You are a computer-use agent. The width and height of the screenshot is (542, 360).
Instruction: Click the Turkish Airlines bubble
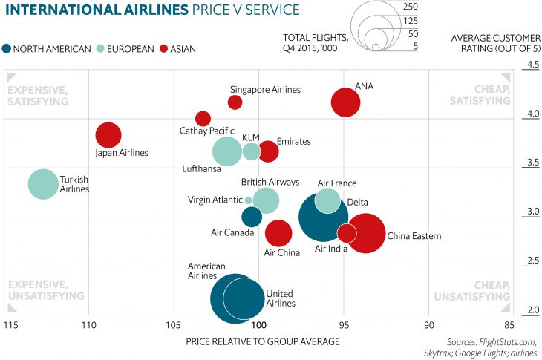coord(43,184)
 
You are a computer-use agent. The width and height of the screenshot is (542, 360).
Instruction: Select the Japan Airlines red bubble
coord(108,135)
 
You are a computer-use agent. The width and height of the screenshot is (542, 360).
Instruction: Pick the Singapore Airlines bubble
coord(235,102)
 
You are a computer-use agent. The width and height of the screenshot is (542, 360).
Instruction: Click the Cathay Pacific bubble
coord(203,119)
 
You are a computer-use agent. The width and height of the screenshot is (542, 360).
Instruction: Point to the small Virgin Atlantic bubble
coord(248,200)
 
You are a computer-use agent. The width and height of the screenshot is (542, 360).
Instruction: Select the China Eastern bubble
coord(365,233)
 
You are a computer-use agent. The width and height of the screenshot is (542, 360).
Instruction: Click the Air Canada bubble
coord(252,217)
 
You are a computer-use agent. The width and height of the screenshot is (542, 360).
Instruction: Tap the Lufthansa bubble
coord(227,151)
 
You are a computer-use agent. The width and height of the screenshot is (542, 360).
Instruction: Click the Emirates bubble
coord(268,151)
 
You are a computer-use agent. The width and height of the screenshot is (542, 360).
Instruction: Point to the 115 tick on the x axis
coord(10,325)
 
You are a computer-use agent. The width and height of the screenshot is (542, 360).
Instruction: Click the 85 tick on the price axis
coord(508,325)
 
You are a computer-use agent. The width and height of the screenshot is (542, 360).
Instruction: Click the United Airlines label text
coord(281,298)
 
